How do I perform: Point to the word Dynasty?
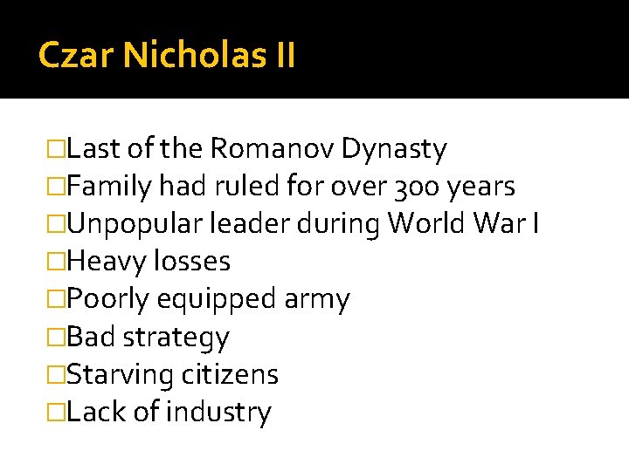click(394, 149)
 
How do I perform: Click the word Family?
click(108, 187)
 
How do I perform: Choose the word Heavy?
click(108, 262)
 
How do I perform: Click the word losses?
click(193, 262)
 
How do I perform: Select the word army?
click(317, 299)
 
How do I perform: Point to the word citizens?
click(230, 374)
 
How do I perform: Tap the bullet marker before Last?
click(58, 149)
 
